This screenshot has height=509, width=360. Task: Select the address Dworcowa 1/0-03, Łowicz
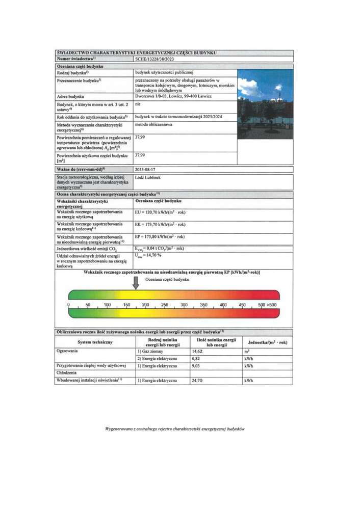tap(170, 96)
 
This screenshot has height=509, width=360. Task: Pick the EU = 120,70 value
tap(160, 211)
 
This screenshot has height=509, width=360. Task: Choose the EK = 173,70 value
tap(160, 224)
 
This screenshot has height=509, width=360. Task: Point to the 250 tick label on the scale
tap(164, 305)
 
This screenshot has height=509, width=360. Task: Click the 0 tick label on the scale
tap(69, 305)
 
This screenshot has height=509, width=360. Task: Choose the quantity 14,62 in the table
tap(197, 352)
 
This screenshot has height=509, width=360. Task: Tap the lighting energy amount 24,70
tap(197, 381)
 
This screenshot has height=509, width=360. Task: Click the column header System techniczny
tap(95, 342)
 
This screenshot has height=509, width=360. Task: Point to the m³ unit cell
tap(247, 352)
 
